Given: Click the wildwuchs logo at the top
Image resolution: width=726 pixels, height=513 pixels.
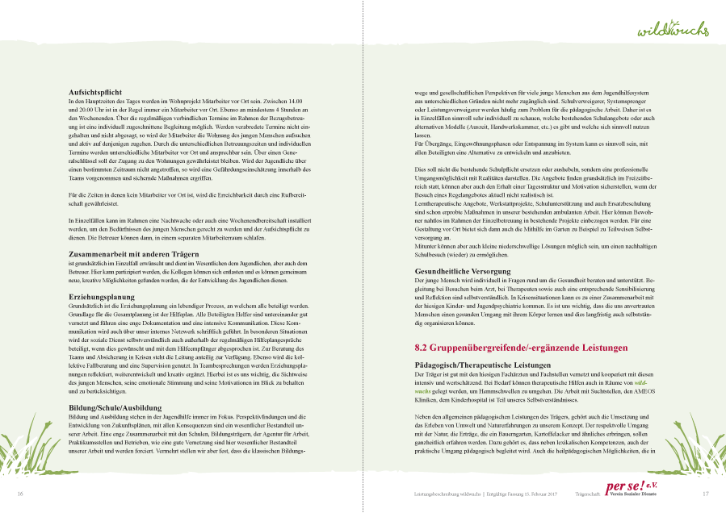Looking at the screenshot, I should [673, 29].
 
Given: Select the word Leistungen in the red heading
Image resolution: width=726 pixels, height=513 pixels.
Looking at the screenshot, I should [598, 348].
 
